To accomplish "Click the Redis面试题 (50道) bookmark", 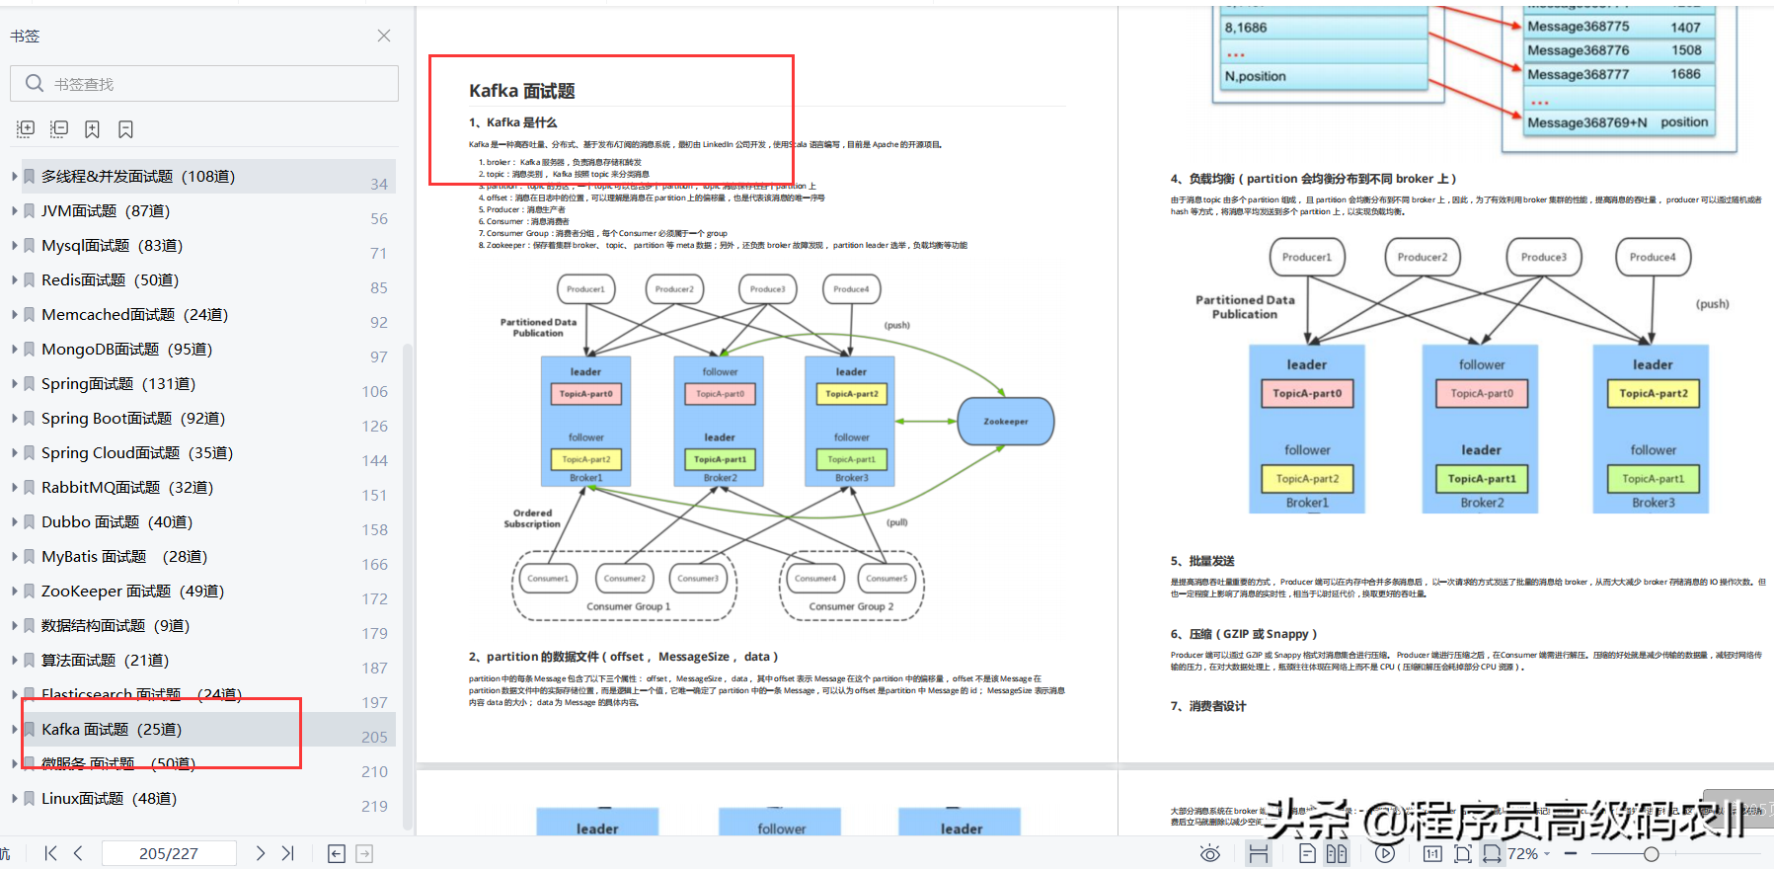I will (110, 280).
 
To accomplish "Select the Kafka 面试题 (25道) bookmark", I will (112, 730).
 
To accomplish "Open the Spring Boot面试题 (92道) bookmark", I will (133, 419).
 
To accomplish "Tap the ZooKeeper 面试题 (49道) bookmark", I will (132, 592).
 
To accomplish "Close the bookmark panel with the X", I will (384, 36).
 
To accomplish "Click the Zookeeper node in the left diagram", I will (1005, 422).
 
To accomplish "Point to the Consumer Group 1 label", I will (628, 607).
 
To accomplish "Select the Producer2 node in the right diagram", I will (1422, 257).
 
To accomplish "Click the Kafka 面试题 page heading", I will (521, 91).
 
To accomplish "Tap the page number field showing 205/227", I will (169, 853).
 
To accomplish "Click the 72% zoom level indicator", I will (1522, 854).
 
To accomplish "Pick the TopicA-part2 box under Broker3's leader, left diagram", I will (851, 394).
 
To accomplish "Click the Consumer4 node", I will (815, 579).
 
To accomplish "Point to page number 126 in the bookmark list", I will (374, 427).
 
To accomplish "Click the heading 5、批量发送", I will (1202, 561).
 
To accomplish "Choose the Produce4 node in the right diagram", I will (1652, 257).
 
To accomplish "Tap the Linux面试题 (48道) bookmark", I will (109, 799).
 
